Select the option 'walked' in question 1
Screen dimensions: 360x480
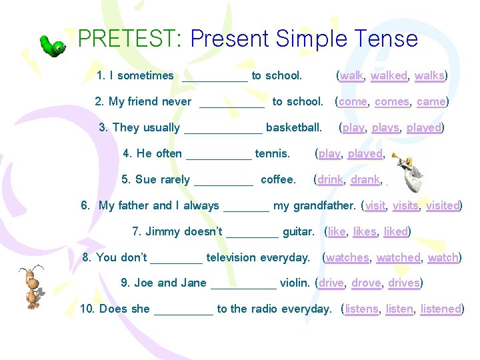point(389,75)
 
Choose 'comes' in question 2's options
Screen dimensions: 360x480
point(392,101)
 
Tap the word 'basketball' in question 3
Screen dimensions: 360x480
point(293,127)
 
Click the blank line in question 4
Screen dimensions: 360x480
point(219,155)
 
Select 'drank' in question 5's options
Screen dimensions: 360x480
point(365,179)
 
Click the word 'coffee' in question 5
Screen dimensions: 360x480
point(278,179)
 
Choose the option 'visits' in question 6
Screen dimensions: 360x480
point(405,205)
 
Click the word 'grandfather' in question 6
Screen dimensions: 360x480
point(323,205)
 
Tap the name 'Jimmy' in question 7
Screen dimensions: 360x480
point(163,231)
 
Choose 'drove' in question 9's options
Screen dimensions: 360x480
point(366,283)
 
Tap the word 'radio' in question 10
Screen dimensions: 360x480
point(263,309)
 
